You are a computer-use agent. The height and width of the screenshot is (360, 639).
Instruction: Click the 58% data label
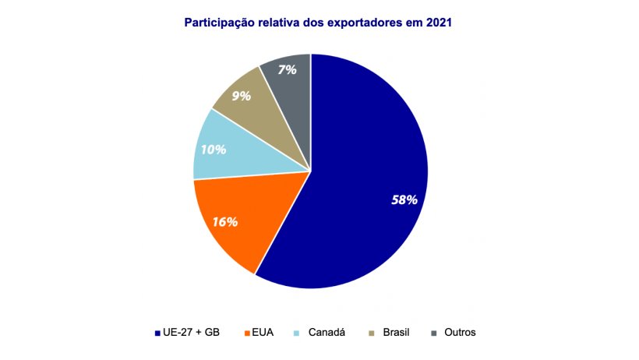[x=404, y=199]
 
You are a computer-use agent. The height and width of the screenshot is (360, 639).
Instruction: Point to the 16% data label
[x=224, y=221]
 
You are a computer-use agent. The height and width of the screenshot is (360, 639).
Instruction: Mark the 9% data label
[x=241, y=97]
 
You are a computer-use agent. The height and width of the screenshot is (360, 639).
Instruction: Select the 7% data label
[x=287, y=69]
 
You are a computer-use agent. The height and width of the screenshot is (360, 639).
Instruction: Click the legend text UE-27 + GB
[x=192, y=332]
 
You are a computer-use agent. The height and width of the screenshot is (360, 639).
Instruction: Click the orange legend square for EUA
[x=247, y=333]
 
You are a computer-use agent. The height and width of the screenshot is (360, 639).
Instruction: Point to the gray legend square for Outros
[x=433, y=333]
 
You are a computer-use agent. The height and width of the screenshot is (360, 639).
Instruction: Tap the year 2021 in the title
[x=439, y=23]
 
